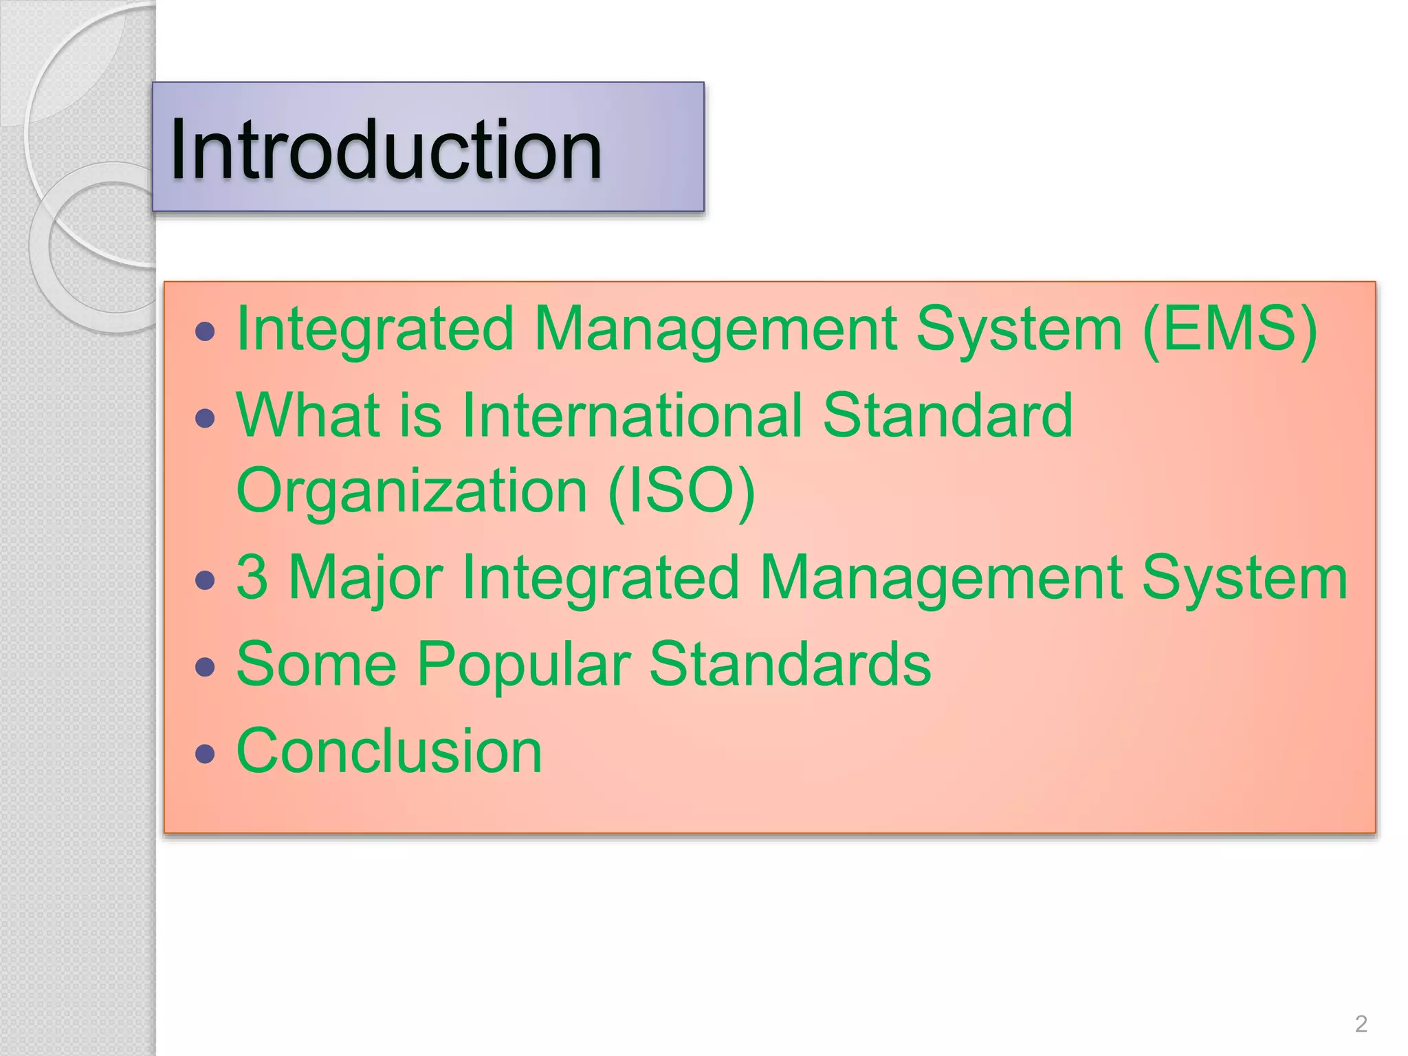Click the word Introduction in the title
[x=386, y=149]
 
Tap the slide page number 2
[x=1361, y=1024]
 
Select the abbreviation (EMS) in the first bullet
[x=1230, y=329]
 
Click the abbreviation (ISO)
[x=681, y=490]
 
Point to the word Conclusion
[x=389, y=751]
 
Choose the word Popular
[x=523, y=664]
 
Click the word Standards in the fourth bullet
[x=790, y=664]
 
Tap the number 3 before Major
[x=252, y=577]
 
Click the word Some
[x=316, y=664]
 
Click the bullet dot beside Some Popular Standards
[x=205, y=667]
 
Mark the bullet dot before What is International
[x=205, y=419]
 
